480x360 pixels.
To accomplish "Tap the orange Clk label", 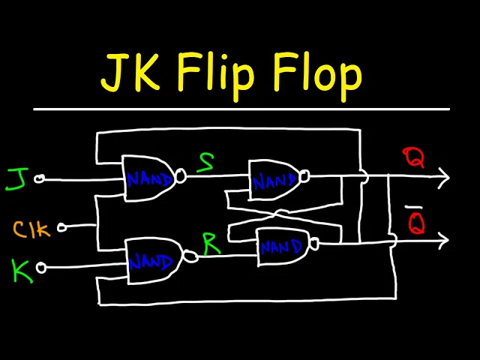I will (31, 229).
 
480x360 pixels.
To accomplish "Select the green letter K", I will (22, 270).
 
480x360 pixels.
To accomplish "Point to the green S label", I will (205, 162).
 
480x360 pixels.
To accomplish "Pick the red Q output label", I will (413, 158).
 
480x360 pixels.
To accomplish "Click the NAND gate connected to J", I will (149, 178).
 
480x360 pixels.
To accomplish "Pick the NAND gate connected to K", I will (153, 261).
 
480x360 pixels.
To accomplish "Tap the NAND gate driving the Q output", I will (274, 180).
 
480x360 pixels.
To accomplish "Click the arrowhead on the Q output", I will (443, 177).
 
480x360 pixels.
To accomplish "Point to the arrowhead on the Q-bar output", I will (443, 240).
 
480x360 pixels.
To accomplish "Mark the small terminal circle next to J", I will (40, 178).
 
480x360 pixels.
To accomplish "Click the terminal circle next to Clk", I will (62, 226).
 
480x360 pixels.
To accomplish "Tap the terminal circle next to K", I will (41, 267).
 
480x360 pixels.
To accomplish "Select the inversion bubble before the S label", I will (180, 177).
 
